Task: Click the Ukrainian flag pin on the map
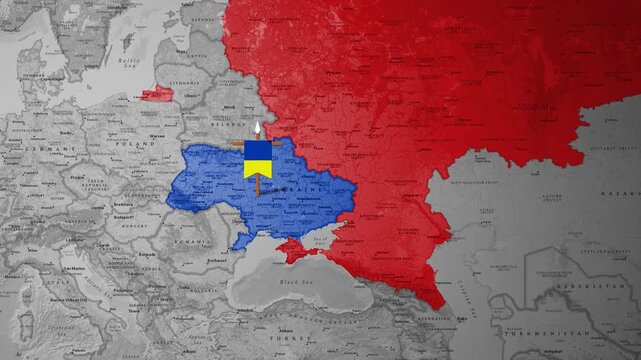258,158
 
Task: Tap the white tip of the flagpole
258,127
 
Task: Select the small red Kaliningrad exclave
156,93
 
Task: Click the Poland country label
134,144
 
